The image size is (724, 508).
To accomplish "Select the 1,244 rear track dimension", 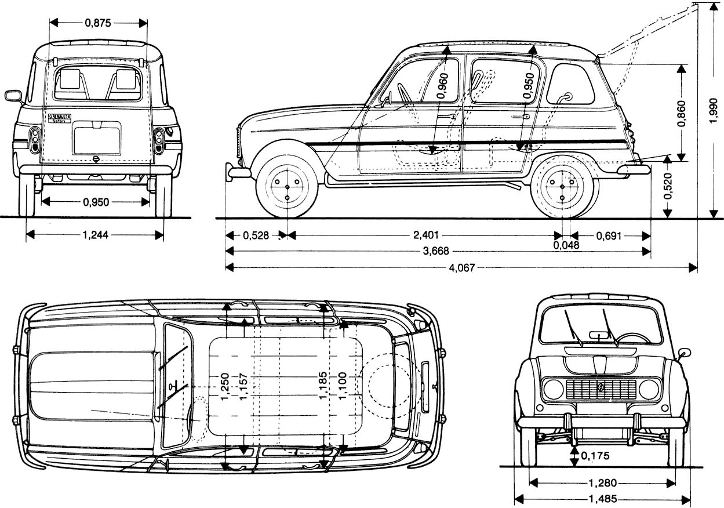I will click(95, 234).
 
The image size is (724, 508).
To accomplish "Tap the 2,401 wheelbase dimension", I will click(426, 235).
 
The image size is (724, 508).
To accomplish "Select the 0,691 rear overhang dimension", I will click(607, 235).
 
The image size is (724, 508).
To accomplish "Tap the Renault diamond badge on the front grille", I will click(601, 389).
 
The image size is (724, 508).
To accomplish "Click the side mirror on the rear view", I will click(12, 95).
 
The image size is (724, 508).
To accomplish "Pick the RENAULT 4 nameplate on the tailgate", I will click(59, 117).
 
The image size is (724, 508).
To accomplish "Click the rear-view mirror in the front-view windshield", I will click(597, 334).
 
